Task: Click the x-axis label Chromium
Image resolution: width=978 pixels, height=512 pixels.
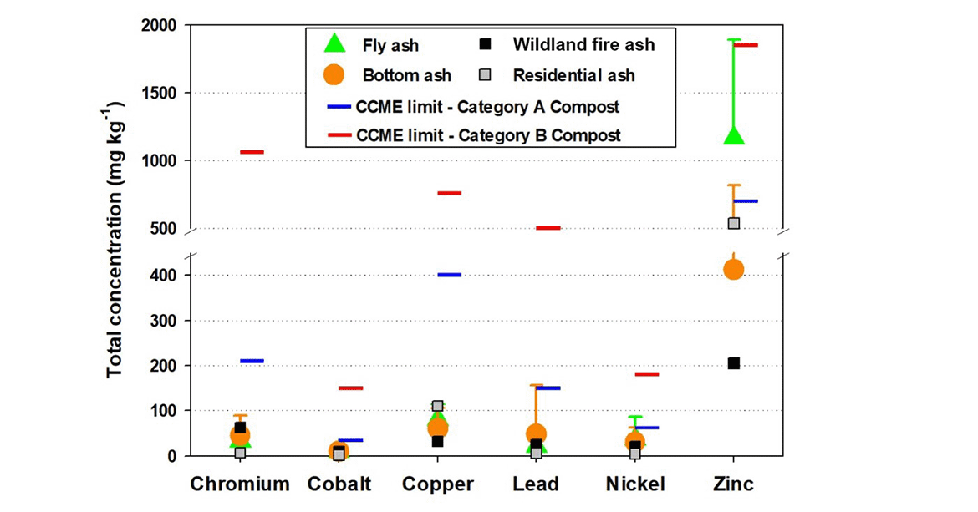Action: (x=240, y=484)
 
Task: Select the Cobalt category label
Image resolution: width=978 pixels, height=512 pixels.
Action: (x=339, y=484)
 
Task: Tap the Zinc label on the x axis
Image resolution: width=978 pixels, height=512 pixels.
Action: (x=733, y=484)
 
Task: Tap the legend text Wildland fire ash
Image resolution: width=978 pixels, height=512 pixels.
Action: (x=583, y=44)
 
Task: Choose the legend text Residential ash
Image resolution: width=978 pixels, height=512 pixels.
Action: (x=573, y=75)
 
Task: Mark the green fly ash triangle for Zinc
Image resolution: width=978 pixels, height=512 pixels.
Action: (x=734, y=134)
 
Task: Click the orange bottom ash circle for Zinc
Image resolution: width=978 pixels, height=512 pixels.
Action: (x=733, y=269)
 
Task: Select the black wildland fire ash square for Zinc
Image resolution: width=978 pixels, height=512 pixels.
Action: (x=733, y=363)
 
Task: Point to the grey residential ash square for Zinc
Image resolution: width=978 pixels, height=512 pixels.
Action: (x=733, y=223)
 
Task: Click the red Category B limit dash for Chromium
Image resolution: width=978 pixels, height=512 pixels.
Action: (x=252, y=152)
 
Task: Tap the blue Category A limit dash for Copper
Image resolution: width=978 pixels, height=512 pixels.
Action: (x=449, y=275)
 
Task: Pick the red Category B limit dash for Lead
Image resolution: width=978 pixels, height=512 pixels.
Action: (x=548, y=228)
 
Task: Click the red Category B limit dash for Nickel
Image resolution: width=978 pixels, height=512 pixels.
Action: (x=646, y=374)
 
